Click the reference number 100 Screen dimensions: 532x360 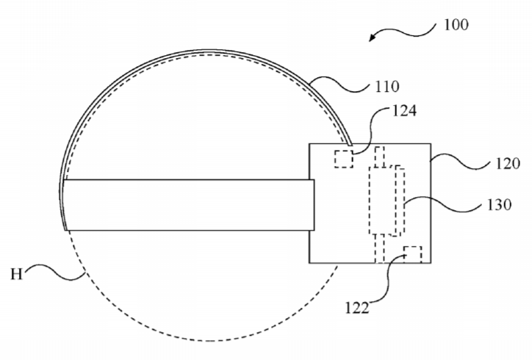click(x=456, y=25)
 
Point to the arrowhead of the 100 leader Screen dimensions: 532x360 click(x=372, y=37)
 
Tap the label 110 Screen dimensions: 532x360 click(x=387, y=87)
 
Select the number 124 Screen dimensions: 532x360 click(x=404, y=111)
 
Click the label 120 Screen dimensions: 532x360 click(x=508, y=164)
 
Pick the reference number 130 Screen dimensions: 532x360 click(x=499, y=204)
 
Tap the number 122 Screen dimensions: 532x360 click(x=357, y=308)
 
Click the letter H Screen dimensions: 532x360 click(x=17, y=274)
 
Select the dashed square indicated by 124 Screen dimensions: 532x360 click(x=344, y=159)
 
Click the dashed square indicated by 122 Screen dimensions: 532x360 click(x=413, y=254)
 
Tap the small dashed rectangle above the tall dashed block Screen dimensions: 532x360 click(x=380, y=156)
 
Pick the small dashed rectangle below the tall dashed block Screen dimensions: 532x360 click(x=380, y=248)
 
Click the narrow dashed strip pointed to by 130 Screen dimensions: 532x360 click(x=400, y=201)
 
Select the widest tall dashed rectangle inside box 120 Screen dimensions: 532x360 click(x=382, y=200)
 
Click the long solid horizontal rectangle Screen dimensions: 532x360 click(x=188, y=205)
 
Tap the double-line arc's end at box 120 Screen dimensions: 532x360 click(x=351, y=145)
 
